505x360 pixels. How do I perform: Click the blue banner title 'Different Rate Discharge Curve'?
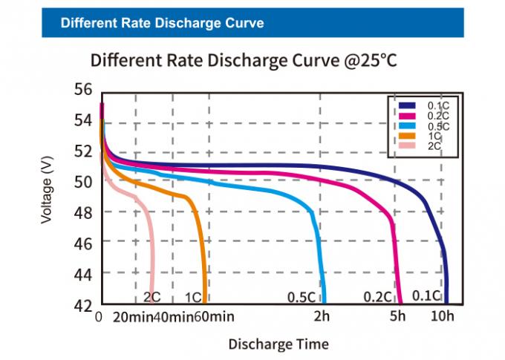point(162,23)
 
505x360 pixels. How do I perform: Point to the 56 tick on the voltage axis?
point(84,89)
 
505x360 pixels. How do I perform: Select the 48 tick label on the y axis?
point(84,212)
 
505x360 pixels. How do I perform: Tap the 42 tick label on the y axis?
point(84,305)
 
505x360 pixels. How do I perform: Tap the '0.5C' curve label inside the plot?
point(302,297)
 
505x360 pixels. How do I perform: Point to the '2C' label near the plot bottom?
point(151,297)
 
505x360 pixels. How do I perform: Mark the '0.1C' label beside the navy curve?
point(426,296)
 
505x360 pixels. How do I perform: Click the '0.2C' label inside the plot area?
point(377,297)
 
